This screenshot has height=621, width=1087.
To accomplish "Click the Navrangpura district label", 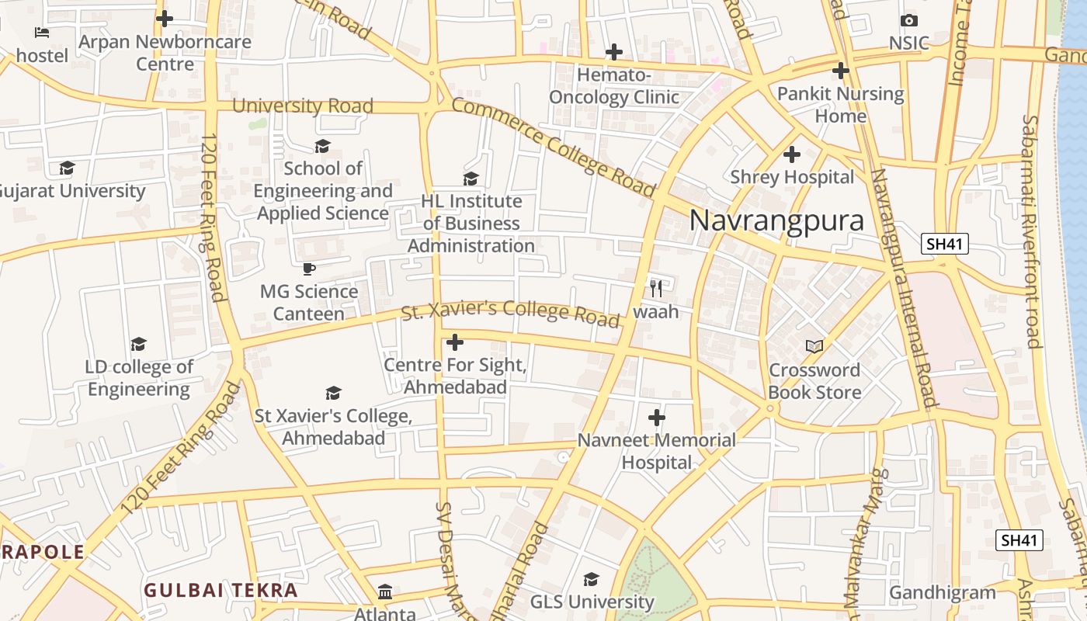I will pyautogui.click(x=776, y=220).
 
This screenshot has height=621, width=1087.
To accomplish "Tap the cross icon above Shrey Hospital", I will pyautogui.click(x=792, y=154).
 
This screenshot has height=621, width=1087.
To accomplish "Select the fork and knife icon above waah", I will pyautogui.click(x=656, y=289).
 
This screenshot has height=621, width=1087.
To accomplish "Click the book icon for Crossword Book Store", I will pyautogui.click(x=814, y=346).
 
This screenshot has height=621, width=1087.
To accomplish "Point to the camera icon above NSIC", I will pyautogui.click(x=908, y=20).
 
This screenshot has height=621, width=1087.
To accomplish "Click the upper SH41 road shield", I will pyautogui.click(x=945, y=244).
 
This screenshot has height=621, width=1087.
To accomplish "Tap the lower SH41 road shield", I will pyautogui.click(x=1019, y=540).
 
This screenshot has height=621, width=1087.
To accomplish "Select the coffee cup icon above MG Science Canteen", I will pyautogui.click(x=309, y=269).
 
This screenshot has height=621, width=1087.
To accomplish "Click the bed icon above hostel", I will pyautogui.click(x=42, y=33).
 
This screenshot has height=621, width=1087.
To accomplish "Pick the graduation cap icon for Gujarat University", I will pyautogui.click(x=68, y=168).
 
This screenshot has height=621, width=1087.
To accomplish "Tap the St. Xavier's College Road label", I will pyautogui.click(x=510, y=312).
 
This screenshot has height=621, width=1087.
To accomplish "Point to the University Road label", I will pyautogui.click(x=303, y=106).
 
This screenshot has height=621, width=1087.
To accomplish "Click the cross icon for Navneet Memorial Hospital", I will pyautogui.click(x=657, y=418).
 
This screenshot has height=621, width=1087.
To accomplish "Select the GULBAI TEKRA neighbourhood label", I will pyautogui.click(x=221, y=590).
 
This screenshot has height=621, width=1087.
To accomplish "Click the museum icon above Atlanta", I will pyautogui.click(x=385, y=592).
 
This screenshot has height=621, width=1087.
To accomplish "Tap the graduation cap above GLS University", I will pyautogui.click(x=592, y=579).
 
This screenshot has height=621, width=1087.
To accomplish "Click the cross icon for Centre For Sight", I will pyautogui.click(x=455, y=342).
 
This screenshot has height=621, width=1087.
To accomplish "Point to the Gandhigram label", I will pyautogui.click(x=942, y=593).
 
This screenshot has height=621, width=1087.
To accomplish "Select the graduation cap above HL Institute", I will pyautogui.click(x=471, y=179).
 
